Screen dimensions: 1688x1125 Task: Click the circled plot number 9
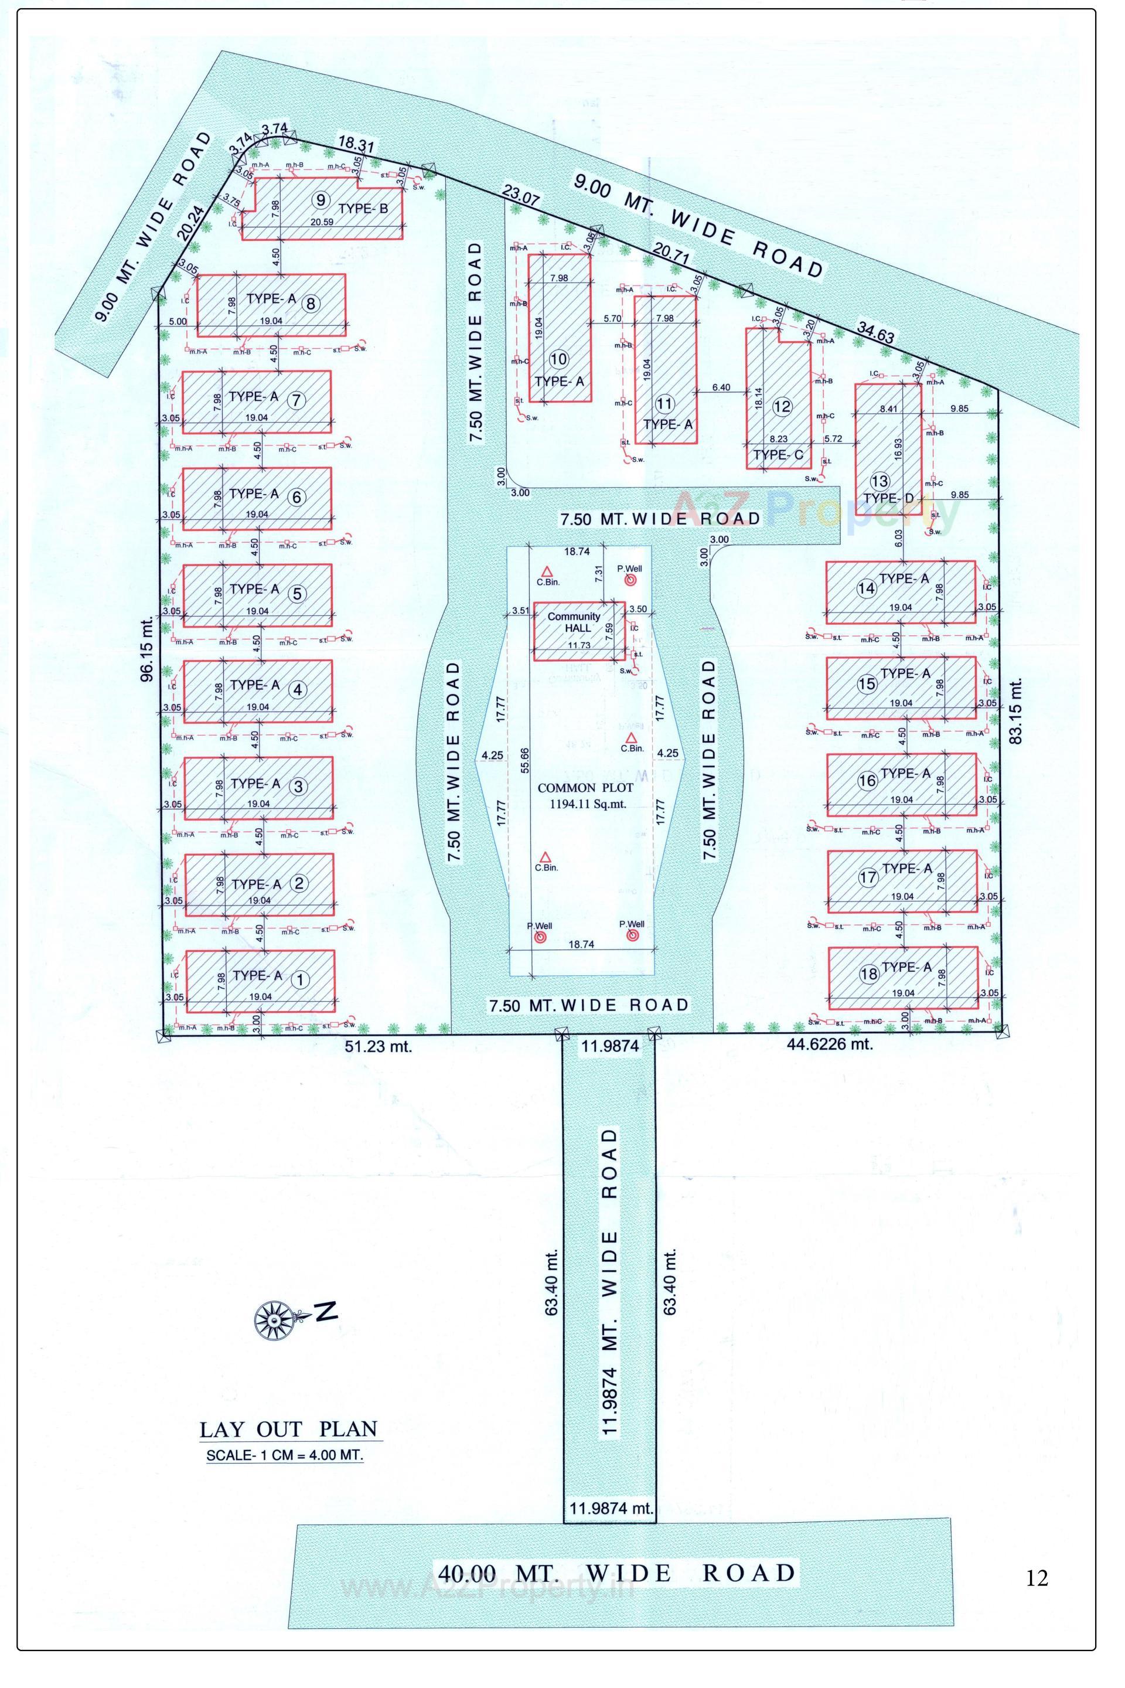[320, 199]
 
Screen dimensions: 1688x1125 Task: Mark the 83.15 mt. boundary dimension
[1015, 710]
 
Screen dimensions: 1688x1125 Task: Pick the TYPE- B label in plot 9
[363, 209]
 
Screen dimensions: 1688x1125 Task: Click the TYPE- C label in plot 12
[779, 454]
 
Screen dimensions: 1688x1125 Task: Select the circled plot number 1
[300, 979]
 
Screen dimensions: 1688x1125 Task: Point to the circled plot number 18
[869, 974]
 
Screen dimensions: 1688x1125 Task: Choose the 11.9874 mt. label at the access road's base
[609, 1509]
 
